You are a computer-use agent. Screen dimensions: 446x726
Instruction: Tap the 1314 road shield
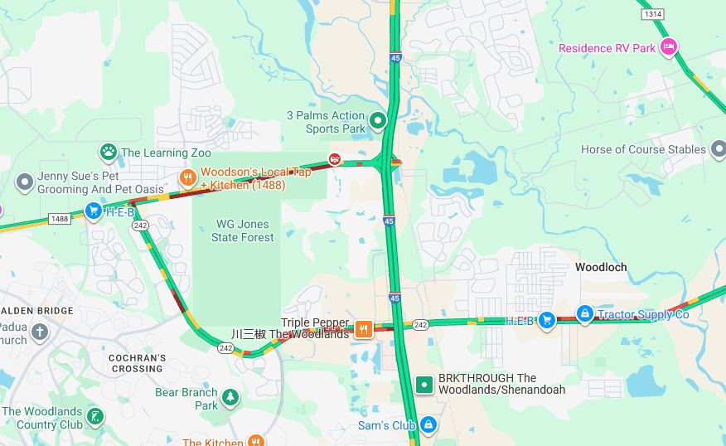pyautogui.click(x=653, y=14)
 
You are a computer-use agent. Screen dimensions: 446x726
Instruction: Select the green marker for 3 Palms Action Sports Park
pyautogui.click(x=378, y=122)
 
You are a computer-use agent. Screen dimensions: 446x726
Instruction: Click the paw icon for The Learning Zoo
pyautogui.click(x=109, y=153)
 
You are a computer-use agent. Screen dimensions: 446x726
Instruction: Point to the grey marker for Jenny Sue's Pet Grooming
pyautogui.click(x=25, y=182)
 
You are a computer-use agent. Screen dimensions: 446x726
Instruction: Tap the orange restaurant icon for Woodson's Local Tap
pyautogui.click(x=189, y=177)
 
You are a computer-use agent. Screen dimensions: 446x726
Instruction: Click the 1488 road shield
pyautogui.click(x=59, y=219)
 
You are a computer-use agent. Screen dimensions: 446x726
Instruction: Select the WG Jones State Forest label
pyautogui.click(x=242, y=230)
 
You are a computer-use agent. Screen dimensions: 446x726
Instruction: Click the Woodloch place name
pyautogui.click(x=601, y=267)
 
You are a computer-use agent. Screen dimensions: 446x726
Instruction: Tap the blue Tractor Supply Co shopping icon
pyautogui.click(x=585, y=313)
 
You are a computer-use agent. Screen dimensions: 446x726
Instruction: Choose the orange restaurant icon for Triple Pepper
pyautogui.click(x=363, y=329)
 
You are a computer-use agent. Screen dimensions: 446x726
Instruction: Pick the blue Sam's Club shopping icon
pyautogui.click(x=428, y=425)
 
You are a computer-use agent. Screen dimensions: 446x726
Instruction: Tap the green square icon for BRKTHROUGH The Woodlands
pyautogui.click(x=424, y=384)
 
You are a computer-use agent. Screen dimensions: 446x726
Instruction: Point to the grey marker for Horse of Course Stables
pyautogui.click(x=718, y=150)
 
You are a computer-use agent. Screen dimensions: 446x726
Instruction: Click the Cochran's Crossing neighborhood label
pyautogui.click(x=137, y=363)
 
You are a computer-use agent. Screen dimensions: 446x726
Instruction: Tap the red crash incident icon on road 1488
pyautogui.click(x=335, y=159)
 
